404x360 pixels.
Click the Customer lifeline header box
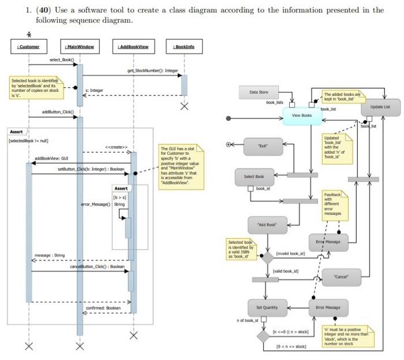pos(27,46)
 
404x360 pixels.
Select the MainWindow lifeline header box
pos(79,46)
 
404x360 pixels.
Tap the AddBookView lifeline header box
pos(133,46)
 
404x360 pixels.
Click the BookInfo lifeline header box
pos(184,46)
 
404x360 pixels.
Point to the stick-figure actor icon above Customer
pos(27,35)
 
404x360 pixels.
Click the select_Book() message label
pos(62,60)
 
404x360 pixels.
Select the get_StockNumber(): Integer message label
pos(153,70)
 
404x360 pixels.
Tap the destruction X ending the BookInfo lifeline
pos(184,106)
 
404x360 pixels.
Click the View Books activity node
pos(302,116)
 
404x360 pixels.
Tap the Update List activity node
pos(380,107)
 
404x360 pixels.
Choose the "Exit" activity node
pos(263,147)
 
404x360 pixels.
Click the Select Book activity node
pos(255,176)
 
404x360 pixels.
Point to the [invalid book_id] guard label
pos(291,254)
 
